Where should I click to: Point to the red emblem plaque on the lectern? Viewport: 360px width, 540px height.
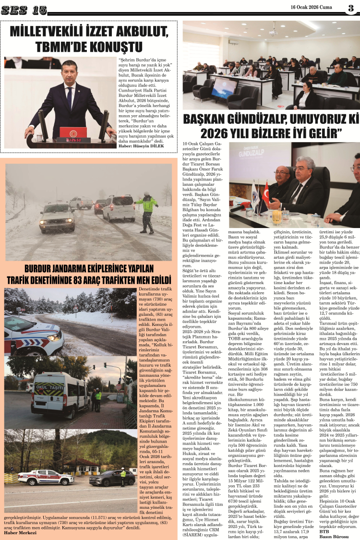(73, 132)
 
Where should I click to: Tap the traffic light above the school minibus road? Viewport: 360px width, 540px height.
(105, 365)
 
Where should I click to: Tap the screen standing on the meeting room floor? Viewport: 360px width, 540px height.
(225, 88)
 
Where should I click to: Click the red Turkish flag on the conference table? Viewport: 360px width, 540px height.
(265, 191)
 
